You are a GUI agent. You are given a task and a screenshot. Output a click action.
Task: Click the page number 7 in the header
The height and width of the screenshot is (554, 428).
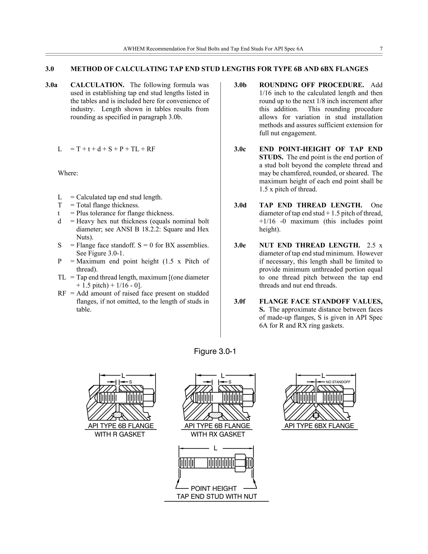coord(381,49)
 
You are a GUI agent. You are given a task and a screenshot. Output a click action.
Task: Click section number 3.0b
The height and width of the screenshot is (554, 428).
coord(240,85)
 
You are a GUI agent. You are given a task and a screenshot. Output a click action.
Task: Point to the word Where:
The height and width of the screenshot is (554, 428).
coord(68,173)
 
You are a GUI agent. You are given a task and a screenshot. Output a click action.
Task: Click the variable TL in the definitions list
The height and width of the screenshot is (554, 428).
coord(62,277)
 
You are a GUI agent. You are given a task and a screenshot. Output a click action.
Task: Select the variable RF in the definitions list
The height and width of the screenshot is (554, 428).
coord(62,293)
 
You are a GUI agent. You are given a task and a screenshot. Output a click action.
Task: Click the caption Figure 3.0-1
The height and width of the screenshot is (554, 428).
coord(215,351)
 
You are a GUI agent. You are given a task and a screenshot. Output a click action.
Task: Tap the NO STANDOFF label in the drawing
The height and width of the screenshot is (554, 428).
coord(338,382)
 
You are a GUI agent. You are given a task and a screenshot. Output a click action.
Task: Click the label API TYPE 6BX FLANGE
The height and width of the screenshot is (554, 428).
coord(319,426)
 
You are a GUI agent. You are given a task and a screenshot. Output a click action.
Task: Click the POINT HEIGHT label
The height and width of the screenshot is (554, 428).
coord(214,489)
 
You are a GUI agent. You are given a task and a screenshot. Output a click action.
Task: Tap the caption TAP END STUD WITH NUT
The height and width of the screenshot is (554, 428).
coord(217,497)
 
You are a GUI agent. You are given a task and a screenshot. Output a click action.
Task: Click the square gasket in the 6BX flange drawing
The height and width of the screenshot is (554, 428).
coord(316,415)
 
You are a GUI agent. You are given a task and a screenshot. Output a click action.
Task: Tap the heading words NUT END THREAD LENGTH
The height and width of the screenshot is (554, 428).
coord(309,245)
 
